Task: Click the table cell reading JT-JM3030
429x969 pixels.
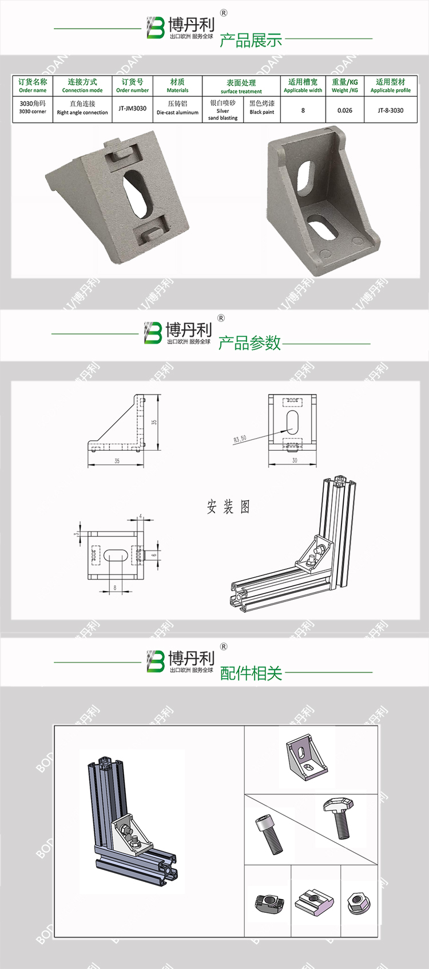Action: click(132, 108)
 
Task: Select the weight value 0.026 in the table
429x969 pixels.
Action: click(345, 110)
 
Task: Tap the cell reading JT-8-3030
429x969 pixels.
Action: click(391, 110)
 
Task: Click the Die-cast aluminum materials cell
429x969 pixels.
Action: click(177, 108)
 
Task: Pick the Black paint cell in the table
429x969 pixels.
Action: click(262, 108)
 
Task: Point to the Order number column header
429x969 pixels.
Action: click(132, 86)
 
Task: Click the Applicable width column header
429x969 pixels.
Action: click(303, 86)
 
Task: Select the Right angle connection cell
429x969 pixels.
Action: click(82, 108)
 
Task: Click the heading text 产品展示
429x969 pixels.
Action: click(251, 40)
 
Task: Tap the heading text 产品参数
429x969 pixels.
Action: click(249, 342)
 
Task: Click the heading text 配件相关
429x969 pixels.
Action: click(251, 673)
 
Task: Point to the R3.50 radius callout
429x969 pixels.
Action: click(240, 439)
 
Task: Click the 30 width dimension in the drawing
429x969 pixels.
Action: click(295, 460)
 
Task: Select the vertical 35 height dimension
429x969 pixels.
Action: click(154, 422)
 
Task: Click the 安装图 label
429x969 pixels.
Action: click(228, 507)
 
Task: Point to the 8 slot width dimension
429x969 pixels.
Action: click(115, 588)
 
